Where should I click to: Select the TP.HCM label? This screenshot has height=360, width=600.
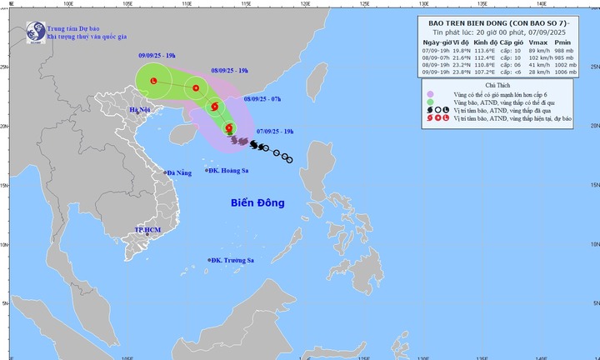pos(147,229)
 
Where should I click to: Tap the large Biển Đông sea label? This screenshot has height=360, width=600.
pos(257,202)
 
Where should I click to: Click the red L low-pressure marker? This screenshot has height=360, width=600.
pos(152,81)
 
